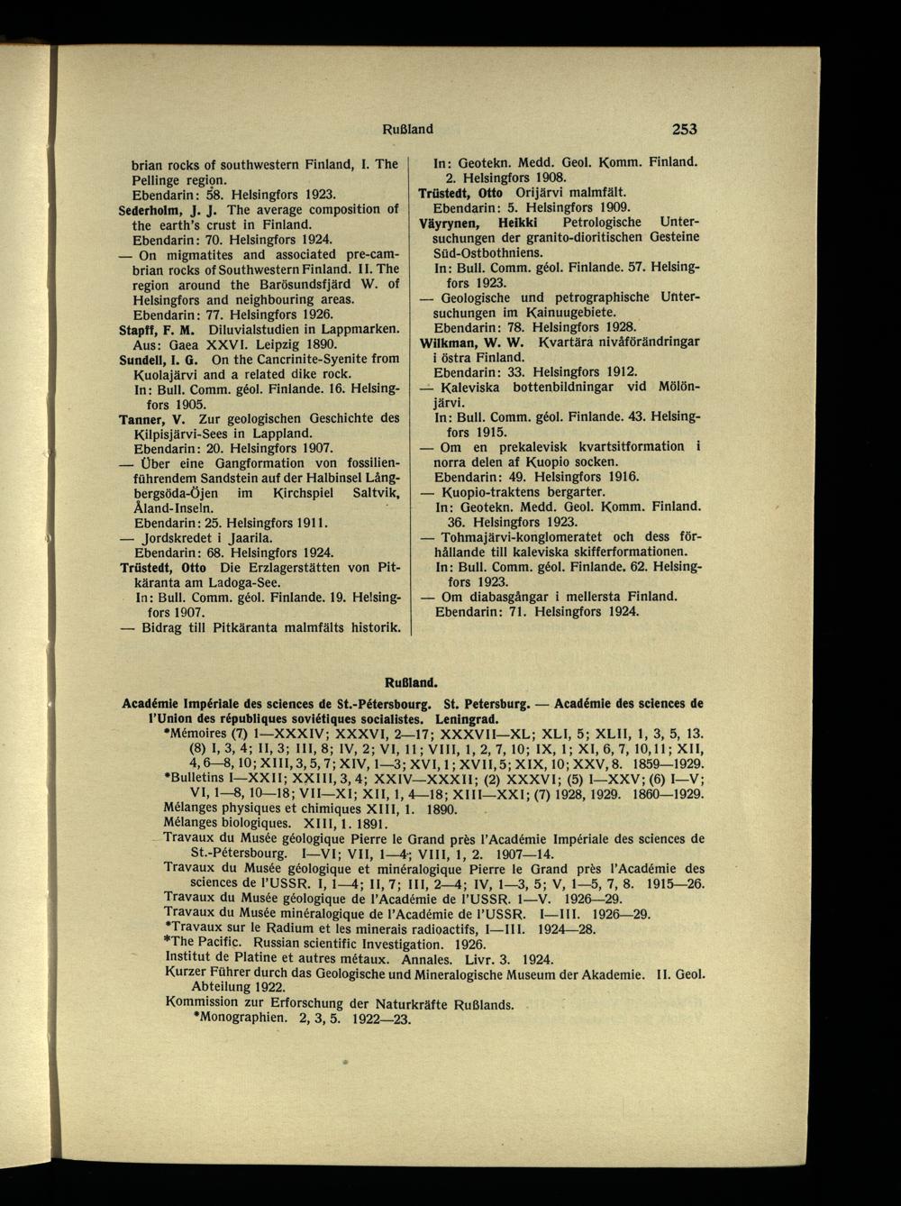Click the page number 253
point(684,130)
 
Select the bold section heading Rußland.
point(411,673)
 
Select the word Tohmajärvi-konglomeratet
point(519,536)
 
